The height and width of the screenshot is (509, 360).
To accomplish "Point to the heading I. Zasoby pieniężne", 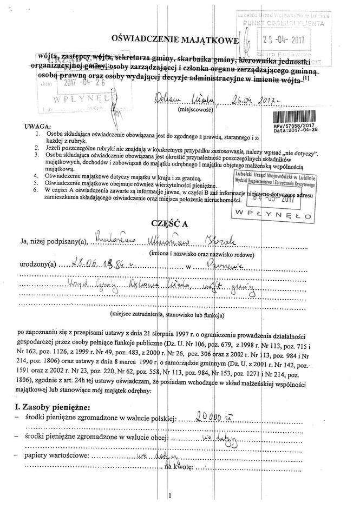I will [53, 406].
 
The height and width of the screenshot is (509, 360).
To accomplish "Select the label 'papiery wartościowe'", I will [55, 455].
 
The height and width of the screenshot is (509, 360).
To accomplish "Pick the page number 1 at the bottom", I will [170, 495].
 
